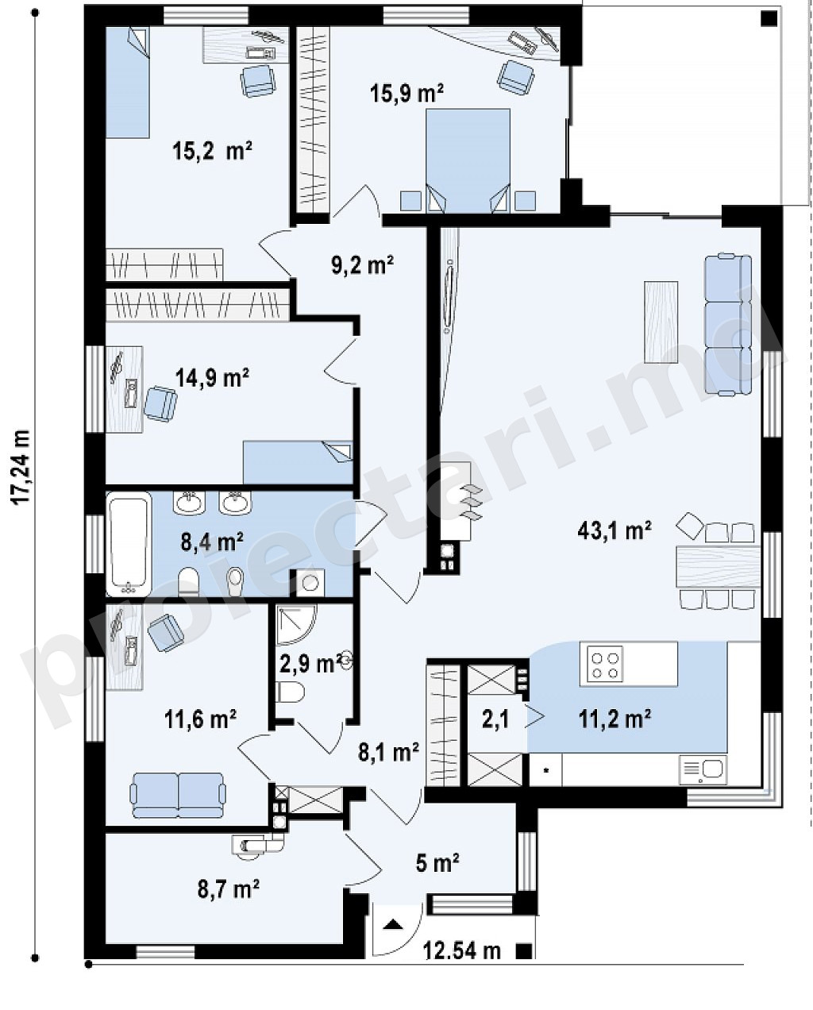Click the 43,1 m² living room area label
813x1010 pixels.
(x=615, y=531)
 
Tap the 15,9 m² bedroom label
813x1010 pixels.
(x=407, y=94)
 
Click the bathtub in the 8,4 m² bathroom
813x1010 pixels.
(x=129, y=544)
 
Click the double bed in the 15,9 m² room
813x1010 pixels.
(x=468, y=161)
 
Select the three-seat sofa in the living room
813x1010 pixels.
(x=728, y=325)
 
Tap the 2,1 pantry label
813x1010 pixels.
(x=495, y=719)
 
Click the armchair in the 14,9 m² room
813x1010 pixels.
(x=160, y=403)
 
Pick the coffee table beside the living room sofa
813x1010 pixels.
(x=661, y=322)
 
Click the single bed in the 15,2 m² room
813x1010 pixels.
(x=128, y=83)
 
